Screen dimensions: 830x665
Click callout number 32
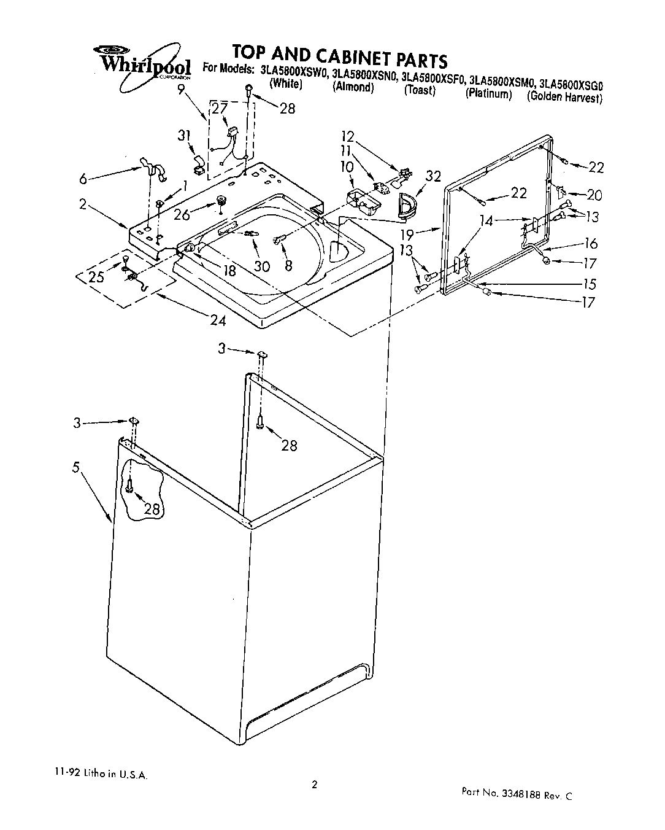click(433, 177)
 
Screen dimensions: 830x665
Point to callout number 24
click(218, 320)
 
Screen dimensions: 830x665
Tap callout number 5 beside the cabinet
click(76, 468)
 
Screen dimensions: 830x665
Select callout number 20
click(594, 195)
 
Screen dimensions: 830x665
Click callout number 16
click(591, 243)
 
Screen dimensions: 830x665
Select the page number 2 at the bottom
click(314, 784)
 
